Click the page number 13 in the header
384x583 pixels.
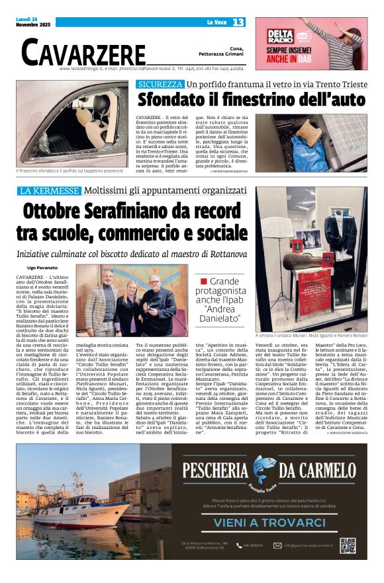(x=238, y=22)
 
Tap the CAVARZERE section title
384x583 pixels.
(x=83, y=52)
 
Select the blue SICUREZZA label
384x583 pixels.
(x=160, y=85)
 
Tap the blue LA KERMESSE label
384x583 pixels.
(x=49, y=191)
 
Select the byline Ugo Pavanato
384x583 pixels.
(x=42, y=267)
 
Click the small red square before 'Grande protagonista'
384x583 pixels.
(x=204, y=282)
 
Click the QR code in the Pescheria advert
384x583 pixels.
(x=347, y=545)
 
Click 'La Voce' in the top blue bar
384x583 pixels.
(x=216, y=22)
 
